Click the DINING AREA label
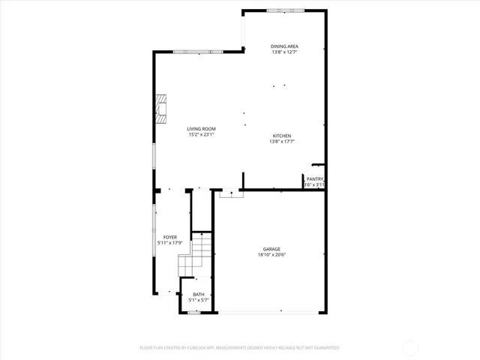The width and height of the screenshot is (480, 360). point(284,46)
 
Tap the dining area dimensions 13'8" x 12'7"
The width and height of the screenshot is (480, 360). point(284,52)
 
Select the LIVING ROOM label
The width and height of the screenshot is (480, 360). point(201,129)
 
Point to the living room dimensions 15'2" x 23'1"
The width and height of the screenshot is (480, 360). point(201,135)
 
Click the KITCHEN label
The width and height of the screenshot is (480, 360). point(281,136)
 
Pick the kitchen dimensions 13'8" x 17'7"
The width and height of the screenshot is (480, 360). point(281,142)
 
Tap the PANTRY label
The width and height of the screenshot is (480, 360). point(314,178)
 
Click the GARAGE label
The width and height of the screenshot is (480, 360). point(271,249)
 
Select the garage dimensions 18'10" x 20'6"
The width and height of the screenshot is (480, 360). point(271,255)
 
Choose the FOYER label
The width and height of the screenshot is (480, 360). point(170,237)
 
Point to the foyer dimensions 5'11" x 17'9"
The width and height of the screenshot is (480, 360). point(170,243)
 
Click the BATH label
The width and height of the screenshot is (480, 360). point(199,294)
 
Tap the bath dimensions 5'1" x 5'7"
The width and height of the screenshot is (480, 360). point(199,300)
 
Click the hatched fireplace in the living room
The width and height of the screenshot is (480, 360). point(160,108)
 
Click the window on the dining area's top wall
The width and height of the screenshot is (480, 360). point(285,10)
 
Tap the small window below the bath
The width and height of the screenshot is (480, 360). point(193,313)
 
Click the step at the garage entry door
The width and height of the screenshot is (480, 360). point(232,194)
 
